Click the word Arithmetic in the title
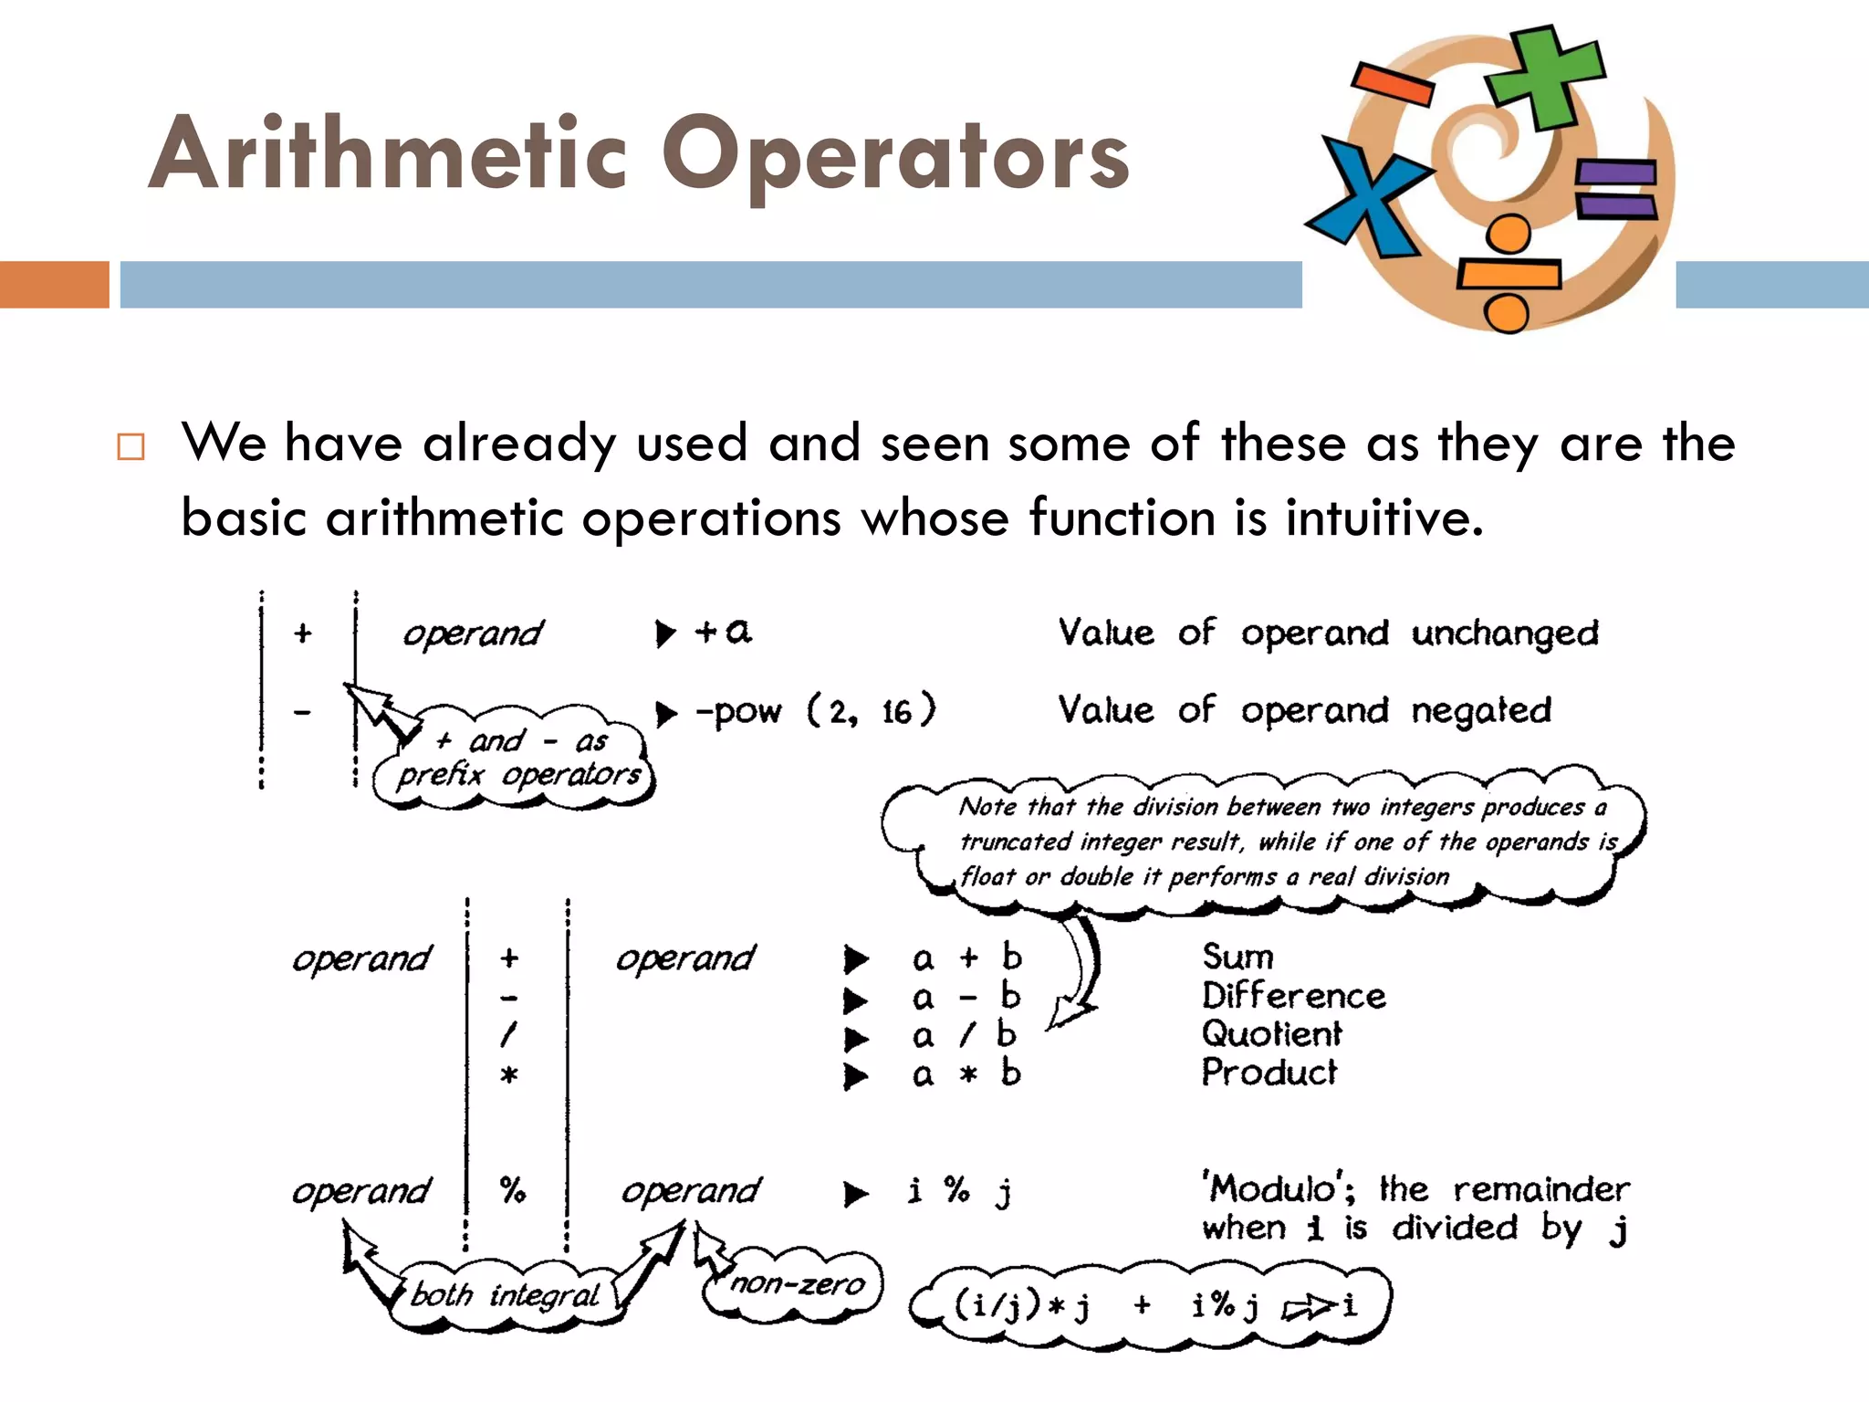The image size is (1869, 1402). (x=388, y=155)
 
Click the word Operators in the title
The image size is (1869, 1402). (x=894, y=157)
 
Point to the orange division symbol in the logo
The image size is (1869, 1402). (x=1508, y=274)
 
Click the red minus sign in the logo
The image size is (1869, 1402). (x=1393, y=82)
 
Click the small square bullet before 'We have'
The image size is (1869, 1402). (x=131, y=446)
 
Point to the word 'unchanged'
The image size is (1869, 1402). (x=1505, y=633)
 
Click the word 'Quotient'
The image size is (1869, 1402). (x=1271, y=1034)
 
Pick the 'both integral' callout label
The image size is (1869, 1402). (x=505, y=1295)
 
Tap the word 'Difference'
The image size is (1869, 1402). (x=1293, y=996)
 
